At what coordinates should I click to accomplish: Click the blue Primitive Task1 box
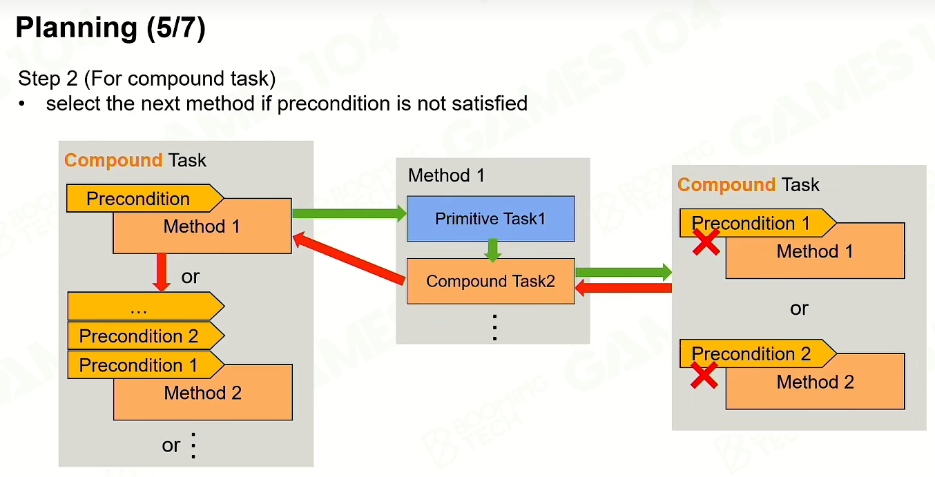pos(491,219)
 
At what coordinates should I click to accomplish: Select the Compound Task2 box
pos(491,281)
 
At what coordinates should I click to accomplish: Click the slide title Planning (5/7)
pos(110,28)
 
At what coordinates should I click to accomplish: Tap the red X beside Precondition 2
pos(704,375)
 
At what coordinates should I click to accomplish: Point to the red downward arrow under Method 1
pos(162,272)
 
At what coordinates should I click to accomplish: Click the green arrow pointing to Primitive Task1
pos(349,213)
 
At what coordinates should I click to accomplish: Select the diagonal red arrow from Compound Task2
pos(349,258)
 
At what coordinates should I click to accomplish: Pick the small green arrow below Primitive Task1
pos(493,250)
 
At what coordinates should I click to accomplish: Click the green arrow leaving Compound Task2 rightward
pos(624,273)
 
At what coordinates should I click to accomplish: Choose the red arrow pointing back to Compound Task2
pos(624,288)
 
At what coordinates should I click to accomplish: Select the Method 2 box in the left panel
pos(203,392)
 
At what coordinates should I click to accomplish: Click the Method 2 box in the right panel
pos(816,382)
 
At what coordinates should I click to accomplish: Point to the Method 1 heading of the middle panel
pos(446,175)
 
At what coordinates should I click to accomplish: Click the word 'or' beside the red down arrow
pos(191,277)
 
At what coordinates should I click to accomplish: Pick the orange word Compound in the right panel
pos(726,185)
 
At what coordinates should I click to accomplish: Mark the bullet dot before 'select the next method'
pos(21,104)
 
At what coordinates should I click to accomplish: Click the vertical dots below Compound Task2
pos(494,328)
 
